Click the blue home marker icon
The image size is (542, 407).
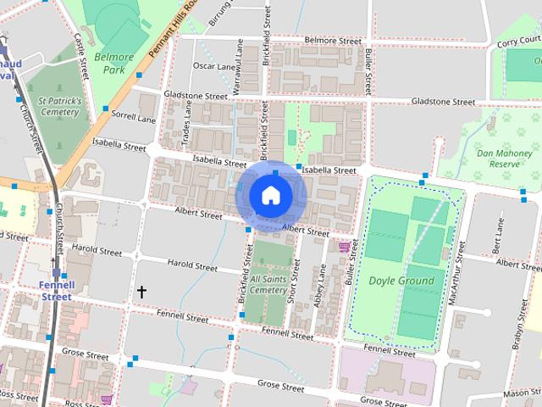pyautogui.click(x=270, y=196)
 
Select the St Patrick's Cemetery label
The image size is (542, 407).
pyautogui.click(x=53, y=106)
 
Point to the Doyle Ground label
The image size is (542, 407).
pyautogui.click(x=401, y=281)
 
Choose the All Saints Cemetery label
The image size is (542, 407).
pyautogui.click(x=268, y=284)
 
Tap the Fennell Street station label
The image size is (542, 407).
pyautogui.click(x=57, y=291)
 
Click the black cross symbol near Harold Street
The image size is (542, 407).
pyautogui.click(x=141, y=292)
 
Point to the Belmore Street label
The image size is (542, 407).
pyautogui.click(x=333, y=40)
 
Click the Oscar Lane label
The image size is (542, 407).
pyautogui.click(x=214, y=66)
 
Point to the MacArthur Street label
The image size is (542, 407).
pyautogui.click(x=457, y=263)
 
